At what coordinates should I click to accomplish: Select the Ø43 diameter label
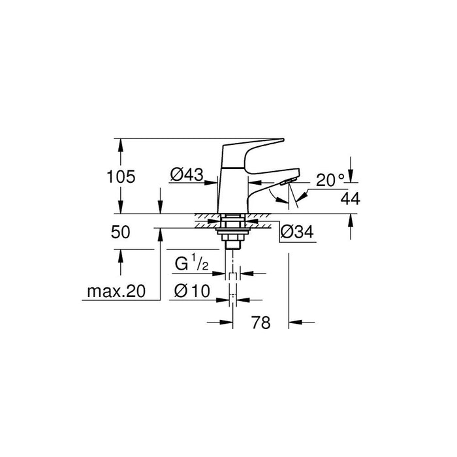pyautogui.click(x=187, y=174)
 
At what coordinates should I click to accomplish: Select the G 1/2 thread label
pyautogui.click(x=191, y=265)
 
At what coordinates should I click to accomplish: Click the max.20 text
pyautogui.click(x=116, y=291)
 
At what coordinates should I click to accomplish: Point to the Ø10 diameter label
pyautogui.click(x=190, y=291)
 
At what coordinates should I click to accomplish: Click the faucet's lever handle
pyautogui.click(x=255, y=147)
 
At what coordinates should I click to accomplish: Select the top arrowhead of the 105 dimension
pyautogui.click(x=120, y=143)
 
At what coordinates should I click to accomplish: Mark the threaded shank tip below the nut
pyautogui.click(x=232, y=245)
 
